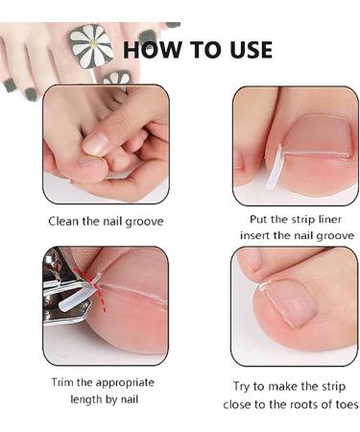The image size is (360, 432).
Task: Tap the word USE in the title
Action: point(246,49)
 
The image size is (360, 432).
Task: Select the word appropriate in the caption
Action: point(124,382)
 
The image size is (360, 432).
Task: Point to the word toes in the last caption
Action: point(343,405)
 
